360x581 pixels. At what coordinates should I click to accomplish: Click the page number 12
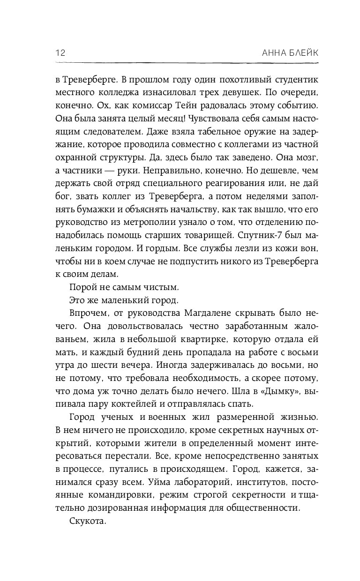click(x=60, y=52)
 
